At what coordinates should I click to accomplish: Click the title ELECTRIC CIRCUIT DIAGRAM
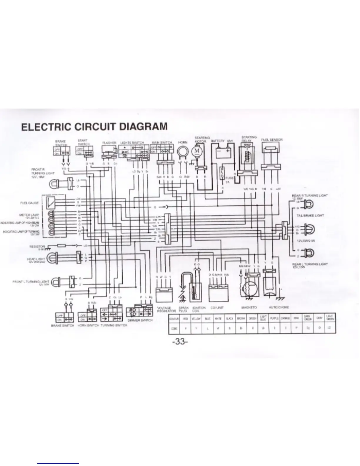[94, 127]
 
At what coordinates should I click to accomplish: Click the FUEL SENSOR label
[272, 140]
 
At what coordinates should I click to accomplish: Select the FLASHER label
[109, 143]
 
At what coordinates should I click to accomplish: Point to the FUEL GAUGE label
[29, 203]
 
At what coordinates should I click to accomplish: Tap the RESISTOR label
[37, 247]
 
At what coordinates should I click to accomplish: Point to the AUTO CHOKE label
[279, 307]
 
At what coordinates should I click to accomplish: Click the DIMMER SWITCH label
[140, 320]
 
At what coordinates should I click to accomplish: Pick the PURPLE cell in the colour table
[274, 318]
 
